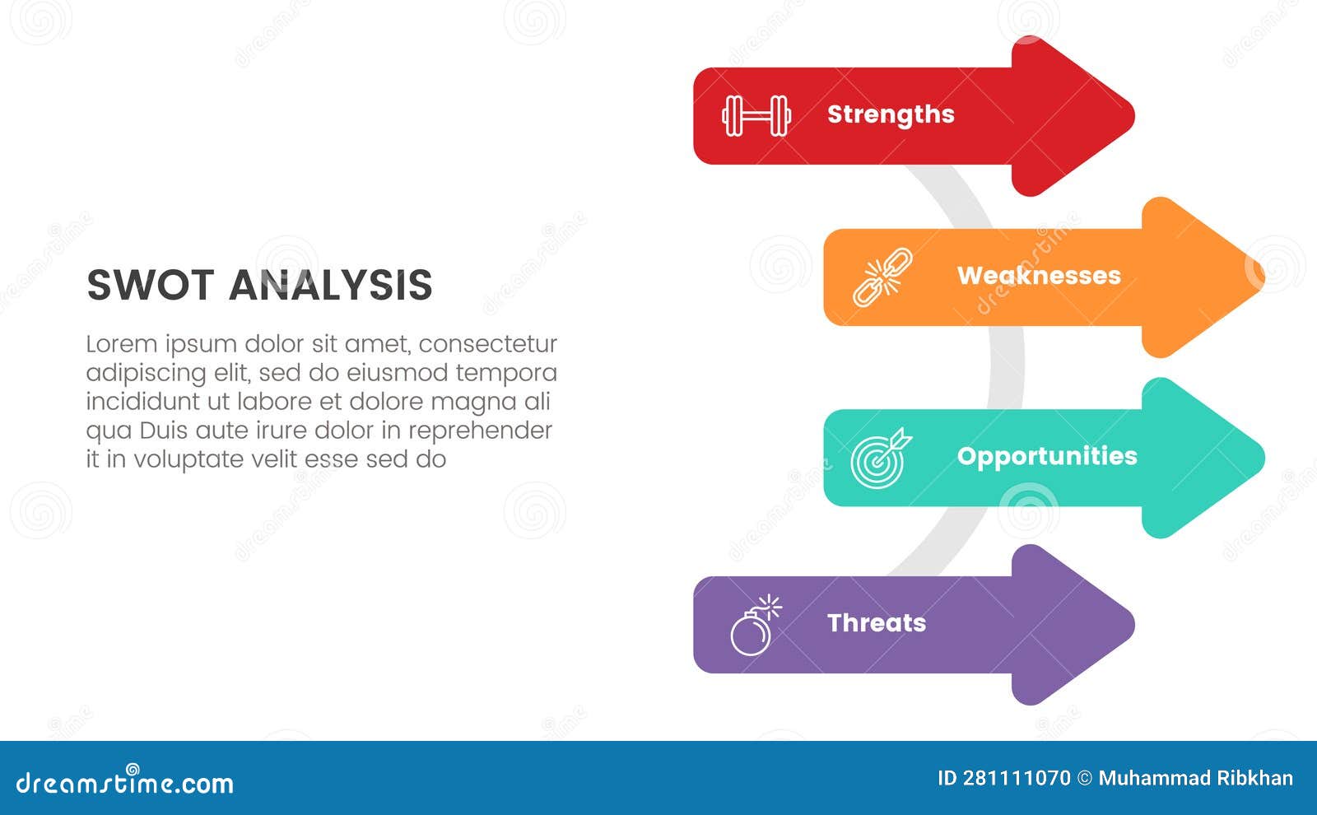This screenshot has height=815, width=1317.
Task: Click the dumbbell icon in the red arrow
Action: pos(756,115)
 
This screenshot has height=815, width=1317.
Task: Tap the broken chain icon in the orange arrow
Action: pos(882,277)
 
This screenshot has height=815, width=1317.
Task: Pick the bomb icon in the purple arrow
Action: pos(754,626)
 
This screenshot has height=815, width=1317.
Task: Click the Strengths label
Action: pos(891,114)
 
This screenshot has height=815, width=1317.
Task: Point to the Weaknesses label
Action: pos(1039,276)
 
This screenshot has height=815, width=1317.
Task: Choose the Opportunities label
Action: pos(1047,456)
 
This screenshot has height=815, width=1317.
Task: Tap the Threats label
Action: pos(877,623)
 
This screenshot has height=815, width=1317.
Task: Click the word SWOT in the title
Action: pos(150,286)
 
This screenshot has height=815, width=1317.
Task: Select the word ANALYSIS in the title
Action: pos(330,286)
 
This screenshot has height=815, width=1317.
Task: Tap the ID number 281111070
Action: pos(1017,778)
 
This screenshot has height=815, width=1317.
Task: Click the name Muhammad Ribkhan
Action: pos(1195,778)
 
